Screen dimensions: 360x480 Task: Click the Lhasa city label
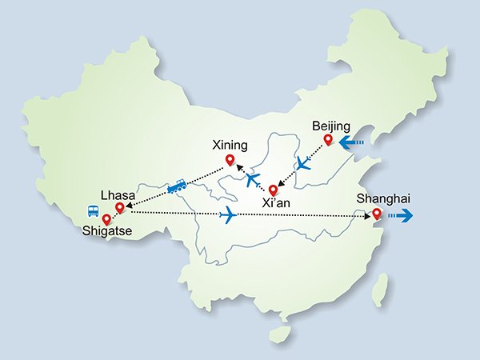click(117, 194)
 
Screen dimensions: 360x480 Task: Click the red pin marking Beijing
click(327, 141)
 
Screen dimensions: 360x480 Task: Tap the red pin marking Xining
click(230, 161)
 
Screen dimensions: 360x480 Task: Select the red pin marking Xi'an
click(273, 190)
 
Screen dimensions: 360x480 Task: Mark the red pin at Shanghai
click(376, 214)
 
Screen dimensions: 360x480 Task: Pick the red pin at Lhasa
click(119, 208)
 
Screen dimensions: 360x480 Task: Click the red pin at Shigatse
click(106, 218)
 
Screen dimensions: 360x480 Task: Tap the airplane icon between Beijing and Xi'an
click(302, 165)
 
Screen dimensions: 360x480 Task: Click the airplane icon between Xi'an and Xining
click(254, 179)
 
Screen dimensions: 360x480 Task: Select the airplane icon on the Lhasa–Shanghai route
click(228, 214)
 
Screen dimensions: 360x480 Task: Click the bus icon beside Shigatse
click(93, 212)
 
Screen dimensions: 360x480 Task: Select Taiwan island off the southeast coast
click(382, 289)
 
